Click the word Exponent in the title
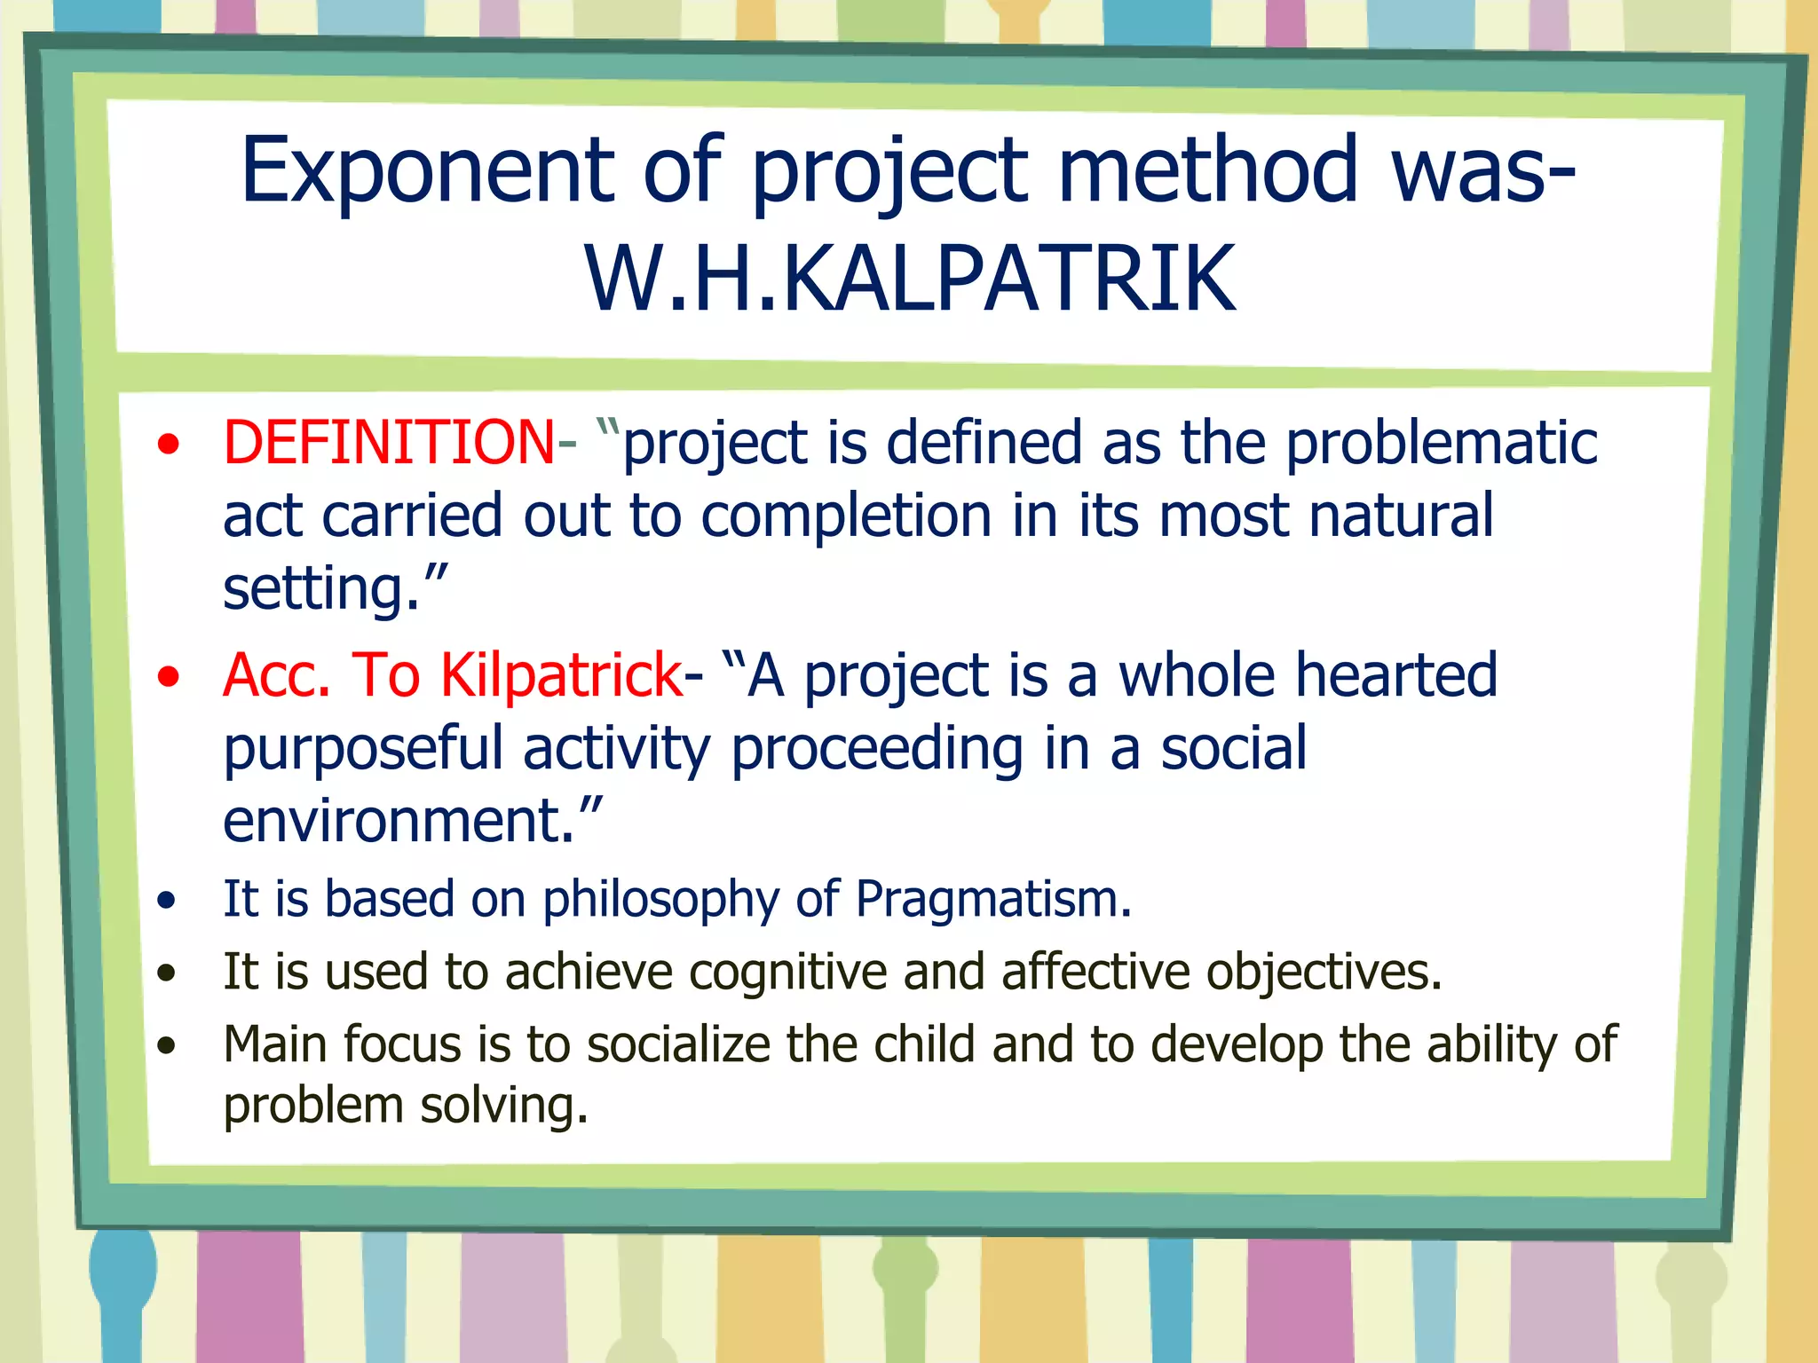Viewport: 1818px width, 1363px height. pyautogui.click(x=426, y=170)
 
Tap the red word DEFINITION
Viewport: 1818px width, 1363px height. pyautogui.click(x=389, y=443)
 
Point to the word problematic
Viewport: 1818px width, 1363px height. pyautogui.click(x=1441, y=443)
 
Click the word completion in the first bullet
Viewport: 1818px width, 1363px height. pyautogui.click(x=845, y=516)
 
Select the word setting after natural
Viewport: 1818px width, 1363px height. pyautogui.click(x=320, y=589)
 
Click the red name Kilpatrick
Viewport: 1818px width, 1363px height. pyautogui.click(x=561, y=676)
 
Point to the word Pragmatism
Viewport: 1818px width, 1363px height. pyautogui.click(x=992, y=900)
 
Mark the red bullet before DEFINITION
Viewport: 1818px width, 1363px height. pyautogui.click(x=168, y=445)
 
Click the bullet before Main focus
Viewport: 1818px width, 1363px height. pyautogui.click(x=167, y=1046)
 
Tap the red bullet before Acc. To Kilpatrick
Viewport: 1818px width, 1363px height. pyautogui.click(x=168, y=678)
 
